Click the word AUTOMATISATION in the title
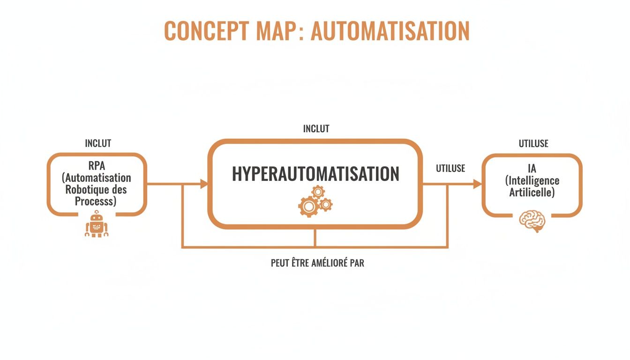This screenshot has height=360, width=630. [390, 31]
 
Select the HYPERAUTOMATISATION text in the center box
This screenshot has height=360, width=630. [315, 174]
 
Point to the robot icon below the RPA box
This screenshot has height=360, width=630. [97, 224]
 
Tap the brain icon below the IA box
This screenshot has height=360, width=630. [532, 221]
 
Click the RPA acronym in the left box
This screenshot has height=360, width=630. [97, 166]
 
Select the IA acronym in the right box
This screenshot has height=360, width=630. [532, 169]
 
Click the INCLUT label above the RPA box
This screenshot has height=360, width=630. [98, 143]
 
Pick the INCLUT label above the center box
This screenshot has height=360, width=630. [316, 128]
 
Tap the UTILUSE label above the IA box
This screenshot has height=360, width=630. [533, 144]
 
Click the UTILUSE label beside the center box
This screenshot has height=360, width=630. [450, 169]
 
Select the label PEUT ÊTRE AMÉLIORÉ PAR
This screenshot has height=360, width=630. [317, 263]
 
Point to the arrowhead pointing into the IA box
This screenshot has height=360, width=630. [478, 184]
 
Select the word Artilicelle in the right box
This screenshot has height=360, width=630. [532, 193]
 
